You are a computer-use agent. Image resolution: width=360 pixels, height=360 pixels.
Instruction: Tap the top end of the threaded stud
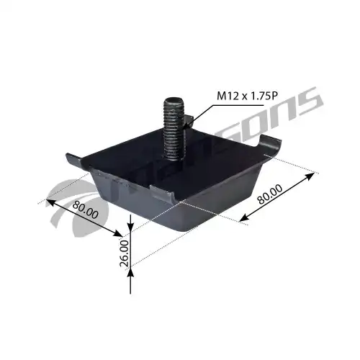[174, 99]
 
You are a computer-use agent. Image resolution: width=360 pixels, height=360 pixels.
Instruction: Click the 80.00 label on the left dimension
[86, 210]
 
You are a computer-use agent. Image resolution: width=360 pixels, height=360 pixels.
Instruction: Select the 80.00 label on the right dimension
[269, 194]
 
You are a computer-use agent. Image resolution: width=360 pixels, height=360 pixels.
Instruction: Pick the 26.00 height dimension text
[125, 253]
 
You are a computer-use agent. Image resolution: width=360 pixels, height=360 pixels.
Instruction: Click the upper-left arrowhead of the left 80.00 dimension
[50, 202]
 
